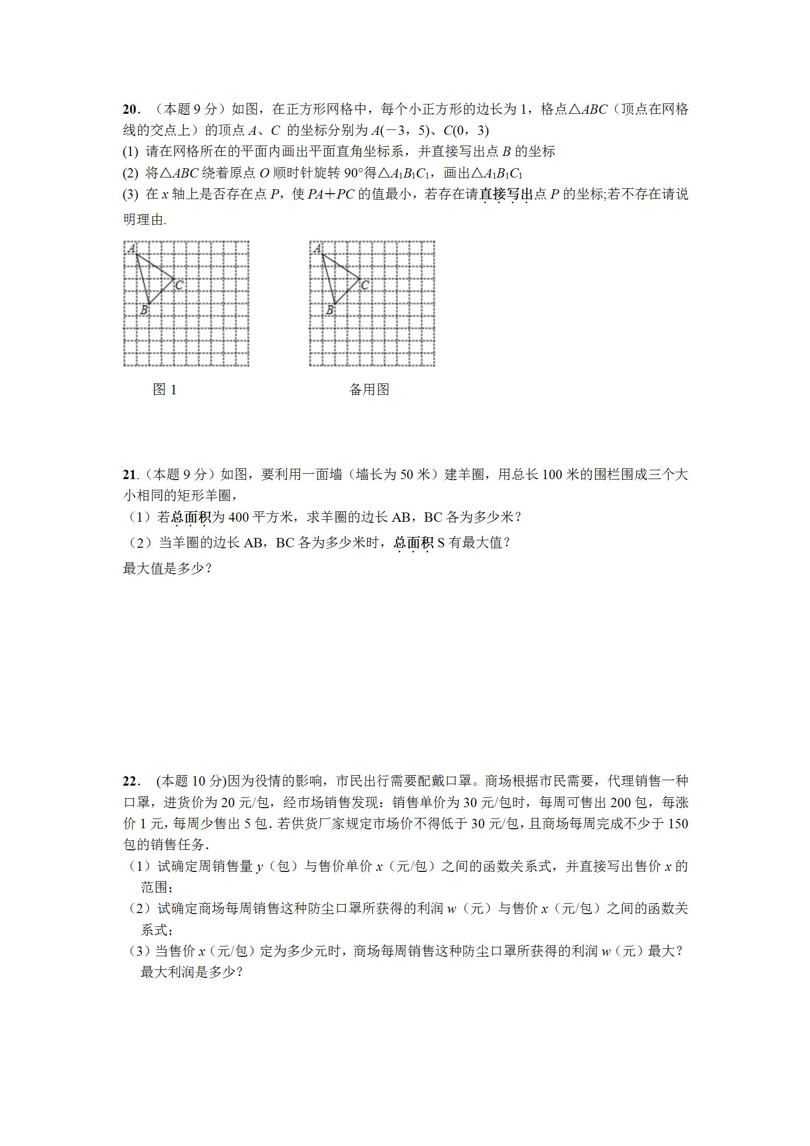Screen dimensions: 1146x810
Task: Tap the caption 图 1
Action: pyautogui.click(x=165, y=390)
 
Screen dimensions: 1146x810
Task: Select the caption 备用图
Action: pyautogui.click(x=369, y=390)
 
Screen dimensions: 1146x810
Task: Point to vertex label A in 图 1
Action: pyautogui.click(x=131, y=248)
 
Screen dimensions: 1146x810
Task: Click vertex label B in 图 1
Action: pyautogui.click(x=144, y=310)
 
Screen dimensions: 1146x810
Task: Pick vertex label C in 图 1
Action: pyautogui.click(x=179, y=285)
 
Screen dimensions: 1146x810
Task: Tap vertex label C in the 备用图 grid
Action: pyautogui.click(x=365, y=285)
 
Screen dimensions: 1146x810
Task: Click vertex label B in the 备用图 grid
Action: pyautogui.click(x=329, y=310)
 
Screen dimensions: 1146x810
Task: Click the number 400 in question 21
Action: pyautogui.click(x=239, y=518)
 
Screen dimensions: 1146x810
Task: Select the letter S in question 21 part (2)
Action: pyautogui.click(x=441, y=542)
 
